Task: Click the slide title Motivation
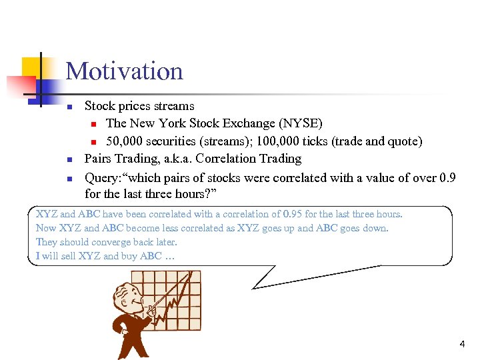tap(124, 71)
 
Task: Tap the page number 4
tap(462, 344)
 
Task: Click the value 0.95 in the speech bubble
tap(293, 214)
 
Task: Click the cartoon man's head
tap(127, 297)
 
